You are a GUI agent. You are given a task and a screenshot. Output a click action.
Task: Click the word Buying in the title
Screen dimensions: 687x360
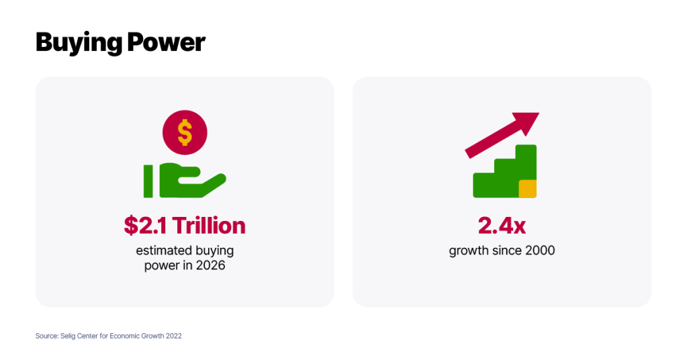(x=79, y=43)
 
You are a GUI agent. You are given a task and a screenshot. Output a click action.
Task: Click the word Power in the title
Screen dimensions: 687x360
(x=166, y=42)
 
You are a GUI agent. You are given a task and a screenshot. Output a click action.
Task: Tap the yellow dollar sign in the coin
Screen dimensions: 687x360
(x=185, y=132)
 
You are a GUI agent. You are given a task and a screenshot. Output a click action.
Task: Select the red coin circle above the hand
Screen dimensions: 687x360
(x=185, y=132)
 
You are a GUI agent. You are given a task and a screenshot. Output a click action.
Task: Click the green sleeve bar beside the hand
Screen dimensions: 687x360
(x=148, y=181)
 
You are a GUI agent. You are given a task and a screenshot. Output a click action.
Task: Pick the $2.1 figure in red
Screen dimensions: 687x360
(x=145, y=226)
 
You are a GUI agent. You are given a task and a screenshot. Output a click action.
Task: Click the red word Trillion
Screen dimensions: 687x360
(x=209, y=226)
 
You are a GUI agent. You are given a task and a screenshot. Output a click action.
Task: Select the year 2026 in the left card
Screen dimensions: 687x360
(x=210, y=265)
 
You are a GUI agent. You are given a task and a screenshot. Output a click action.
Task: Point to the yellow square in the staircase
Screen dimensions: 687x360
(x=528, y=189)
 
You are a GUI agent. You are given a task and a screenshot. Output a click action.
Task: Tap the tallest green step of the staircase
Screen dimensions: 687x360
(x=526, y=162)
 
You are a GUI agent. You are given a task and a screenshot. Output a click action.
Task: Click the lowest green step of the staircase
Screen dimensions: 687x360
(x=484, y=185)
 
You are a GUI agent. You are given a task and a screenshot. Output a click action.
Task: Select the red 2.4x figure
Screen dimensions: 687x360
(x=502, y=226)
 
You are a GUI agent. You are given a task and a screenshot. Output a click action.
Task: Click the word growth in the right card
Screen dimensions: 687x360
(x=467, y=251)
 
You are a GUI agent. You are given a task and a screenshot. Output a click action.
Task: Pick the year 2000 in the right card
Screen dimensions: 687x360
(x=540, y=251)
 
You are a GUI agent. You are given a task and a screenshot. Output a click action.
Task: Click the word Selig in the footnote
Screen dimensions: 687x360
(x=68, y=336)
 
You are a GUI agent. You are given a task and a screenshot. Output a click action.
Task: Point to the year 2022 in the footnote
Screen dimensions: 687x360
(x=173, y=336)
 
